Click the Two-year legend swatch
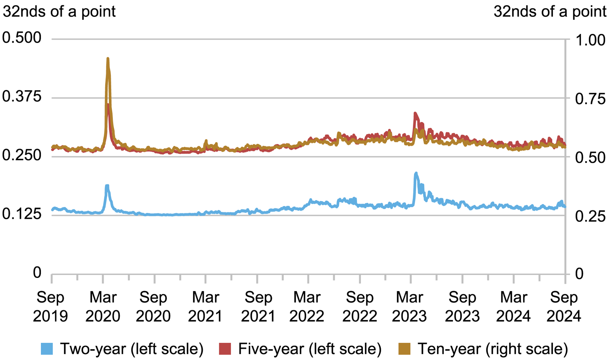(47, 349)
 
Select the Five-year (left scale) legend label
(310, 349)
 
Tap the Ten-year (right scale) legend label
(493, 349)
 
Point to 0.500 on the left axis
(22, 38)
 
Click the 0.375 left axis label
(22, 97)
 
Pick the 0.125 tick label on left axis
(22, 214)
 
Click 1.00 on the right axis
(590, 41)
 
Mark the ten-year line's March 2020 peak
(108, 59)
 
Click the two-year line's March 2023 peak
(416, 173)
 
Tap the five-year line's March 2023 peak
(415, 113)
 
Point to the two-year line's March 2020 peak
(107, 186)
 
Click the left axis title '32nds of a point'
(59, 12)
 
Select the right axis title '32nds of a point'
(550, 12)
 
